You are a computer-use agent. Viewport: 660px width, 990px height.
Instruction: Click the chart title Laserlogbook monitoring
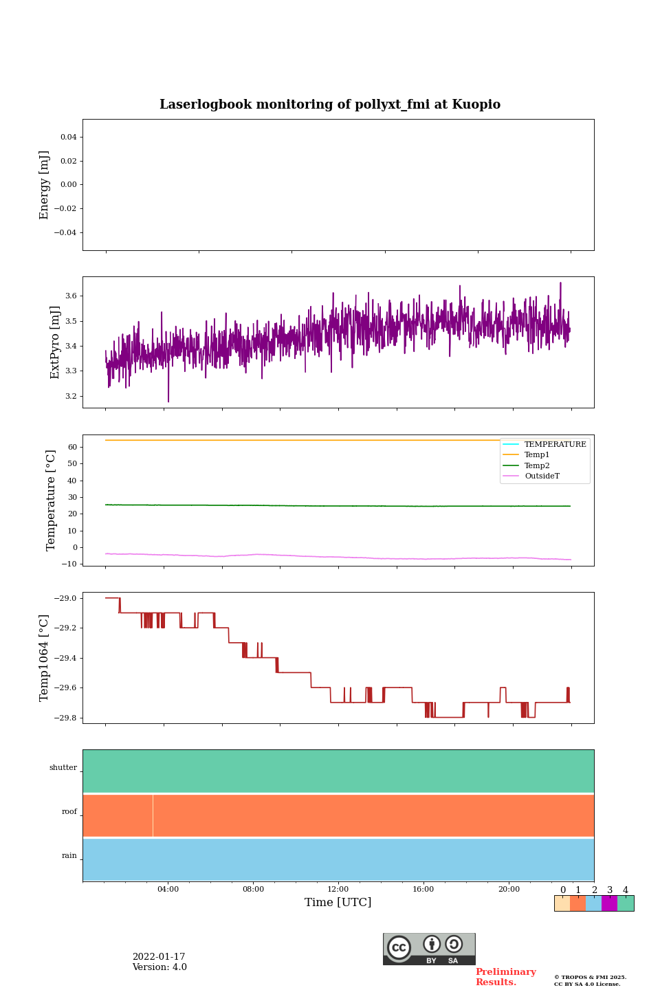pos(330,104)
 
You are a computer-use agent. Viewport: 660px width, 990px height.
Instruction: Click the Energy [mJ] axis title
pos(45,185)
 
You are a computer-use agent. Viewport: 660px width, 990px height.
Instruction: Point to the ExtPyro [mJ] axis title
pos(56,342)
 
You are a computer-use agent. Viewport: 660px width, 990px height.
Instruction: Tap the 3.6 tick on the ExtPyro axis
pos(71,296)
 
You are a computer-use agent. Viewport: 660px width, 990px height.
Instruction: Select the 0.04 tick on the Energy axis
pos(68,137)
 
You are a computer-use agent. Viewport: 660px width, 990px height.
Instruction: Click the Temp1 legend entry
pos(537,455)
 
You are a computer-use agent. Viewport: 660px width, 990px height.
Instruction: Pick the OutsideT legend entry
pos(542,476)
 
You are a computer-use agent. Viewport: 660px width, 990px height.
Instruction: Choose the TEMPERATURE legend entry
pos(555,444)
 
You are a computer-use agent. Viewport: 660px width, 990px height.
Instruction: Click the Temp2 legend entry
pos(537,465)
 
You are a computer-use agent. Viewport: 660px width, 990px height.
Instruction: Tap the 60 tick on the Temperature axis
pos(72,447)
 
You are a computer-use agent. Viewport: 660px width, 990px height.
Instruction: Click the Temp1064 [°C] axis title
pos(45,658)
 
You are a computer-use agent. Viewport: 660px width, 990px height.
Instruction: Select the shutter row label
pos(63,768)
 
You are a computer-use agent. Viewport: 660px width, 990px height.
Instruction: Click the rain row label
pos(69,856)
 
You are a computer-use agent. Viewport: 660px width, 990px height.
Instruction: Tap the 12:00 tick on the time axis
pos(338,889)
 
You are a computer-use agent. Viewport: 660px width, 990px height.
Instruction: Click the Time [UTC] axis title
pos(338,902)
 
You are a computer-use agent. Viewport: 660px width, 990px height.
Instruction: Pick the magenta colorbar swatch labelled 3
pos(609,903)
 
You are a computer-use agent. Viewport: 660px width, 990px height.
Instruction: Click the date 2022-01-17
pos(159,957)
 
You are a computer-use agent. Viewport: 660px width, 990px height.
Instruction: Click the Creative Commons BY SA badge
pos(429,949)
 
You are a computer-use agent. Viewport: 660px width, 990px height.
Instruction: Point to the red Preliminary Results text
pos(505,977)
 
